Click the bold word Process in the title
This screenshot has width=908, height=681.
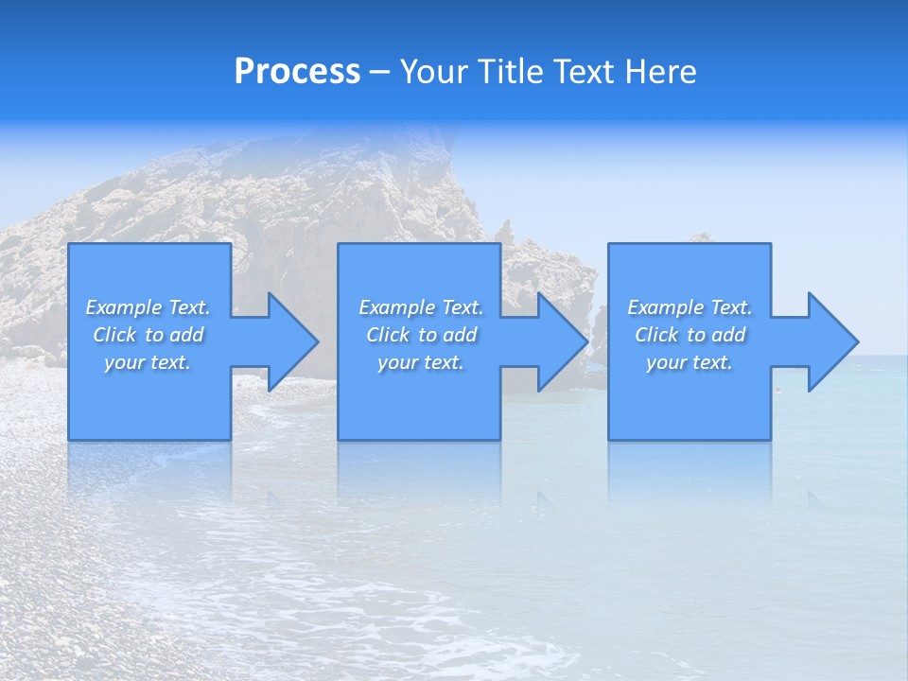(297, 72)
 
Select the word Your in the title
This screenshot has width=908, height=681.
(434, 72)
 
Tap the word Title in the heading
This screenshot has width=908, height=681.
(512, 72)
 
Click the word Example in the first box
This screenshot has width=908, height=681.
(123, 307)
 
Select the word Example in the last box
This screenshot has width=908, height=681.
(665, 307)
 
